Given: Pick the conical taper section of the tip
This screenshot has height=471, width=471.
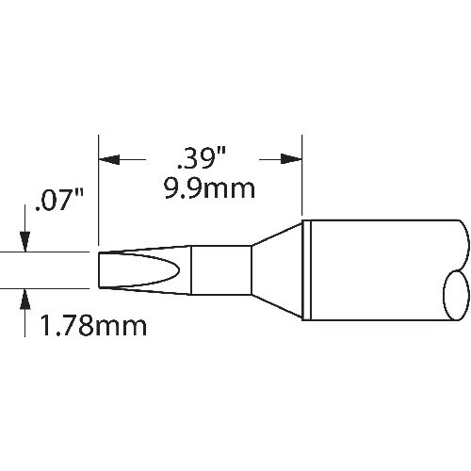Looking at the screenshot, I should coord(277,270).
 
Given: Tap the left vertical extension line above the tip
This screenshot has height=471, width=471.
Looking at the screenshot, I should coord(99,188).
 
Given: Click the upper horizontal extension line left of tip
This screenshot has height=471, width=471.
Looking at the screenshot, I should coord(47,252).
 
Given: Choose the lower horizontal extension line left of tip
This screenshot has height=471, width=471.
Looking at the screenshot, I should coord(47,288).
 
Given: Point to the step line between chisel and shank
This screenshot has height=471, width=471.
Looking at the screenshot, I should coord(192,270).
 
